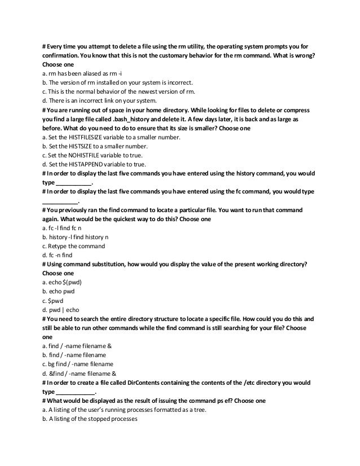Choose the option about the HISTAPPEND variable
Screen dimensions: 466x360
point(96,164)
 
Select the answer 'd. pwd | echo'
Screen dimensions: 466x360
point(60,310)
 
